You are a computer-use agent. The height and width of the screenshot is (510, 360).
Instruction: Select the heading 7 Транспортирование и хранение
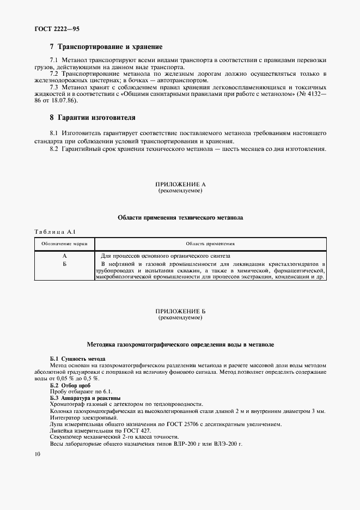106,47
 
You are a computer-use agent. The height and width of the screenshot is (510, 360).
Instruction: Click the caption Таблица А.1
55,232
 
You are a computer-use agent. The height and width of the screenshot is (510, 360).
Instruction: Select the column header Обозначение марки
64,244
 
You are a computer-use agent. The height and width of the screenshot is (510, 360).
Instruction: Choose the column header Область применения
210,244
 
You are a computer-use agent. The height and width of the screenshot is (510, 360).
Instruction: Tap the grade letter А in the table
64,256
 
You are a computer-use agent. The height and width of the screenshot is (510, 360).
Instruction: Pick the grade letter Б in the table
64,263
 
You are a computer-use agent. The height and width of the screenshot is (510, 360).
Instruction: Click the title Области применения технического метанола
180,218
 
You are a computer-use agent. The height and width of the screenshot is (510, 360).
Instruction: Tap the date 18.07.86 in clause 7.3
65,101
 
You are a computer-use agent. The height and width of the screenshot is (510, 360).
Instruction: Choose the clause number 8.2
54,149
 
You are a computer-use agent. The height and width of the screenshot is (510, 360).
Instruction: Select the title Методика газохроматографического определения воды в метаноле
180,345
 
